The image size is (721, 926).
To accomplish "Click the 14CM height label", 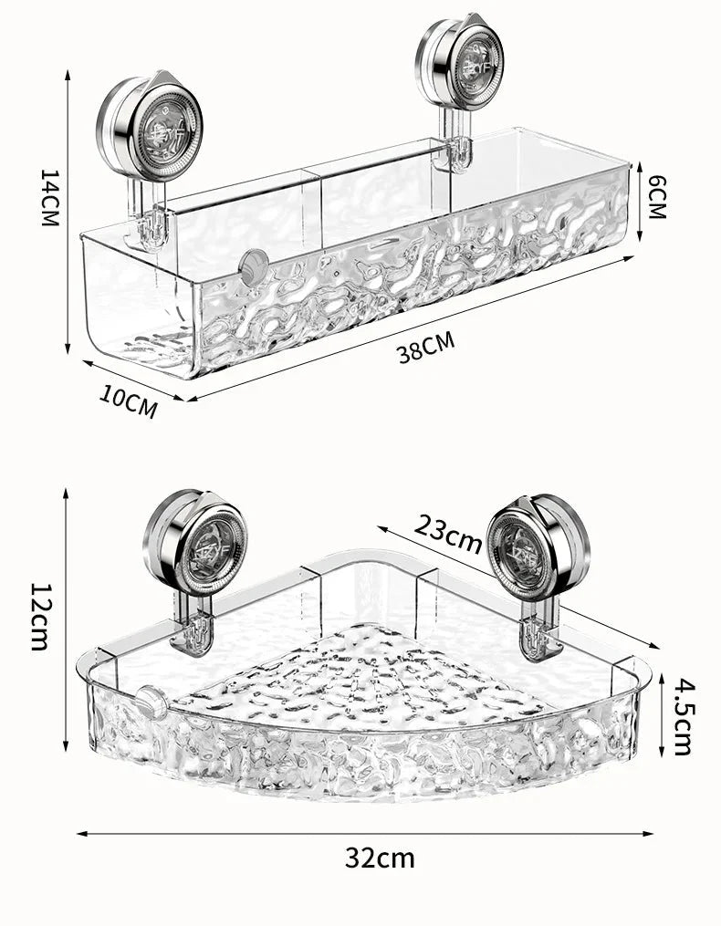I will tap(49, 197).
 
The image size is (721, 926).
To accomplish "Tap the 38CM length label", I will tap(425, 348).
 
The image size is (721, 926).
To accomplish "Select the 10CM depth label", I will tap(129, 401).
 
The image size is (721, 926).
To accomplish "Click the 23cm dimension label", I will tap(447, 533).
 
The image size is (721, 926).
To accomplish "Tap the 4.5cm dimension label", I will tap(682, 715).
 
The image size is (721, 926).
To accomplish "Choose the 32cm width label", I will tap(380, 858).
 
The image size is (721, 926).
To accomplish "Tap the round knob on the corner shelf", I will tap(149, 705).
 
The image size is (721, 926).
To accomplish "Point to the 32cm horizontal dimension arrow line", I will tap(365, 833).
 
